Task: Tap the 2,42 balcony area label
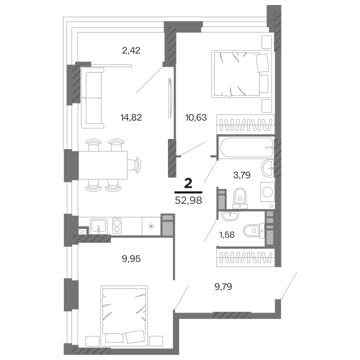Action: (x=131, y=49)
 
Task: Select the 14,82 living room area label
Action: (x=131, y=117)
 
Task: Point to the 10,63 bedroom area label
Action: (x=191, y=117)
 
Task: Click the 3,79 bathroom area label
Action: (x=242, y=174)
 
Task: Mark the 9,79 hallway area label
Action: (x=224, y=286)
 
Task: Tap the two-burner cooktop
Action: (x=118, y=226)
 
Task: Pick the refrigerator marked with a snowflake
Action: (x=150, y=226)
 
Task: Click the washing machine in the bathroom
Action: (x=267, y=192)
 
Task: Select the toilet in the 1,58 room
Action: (x=252, y=230)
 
